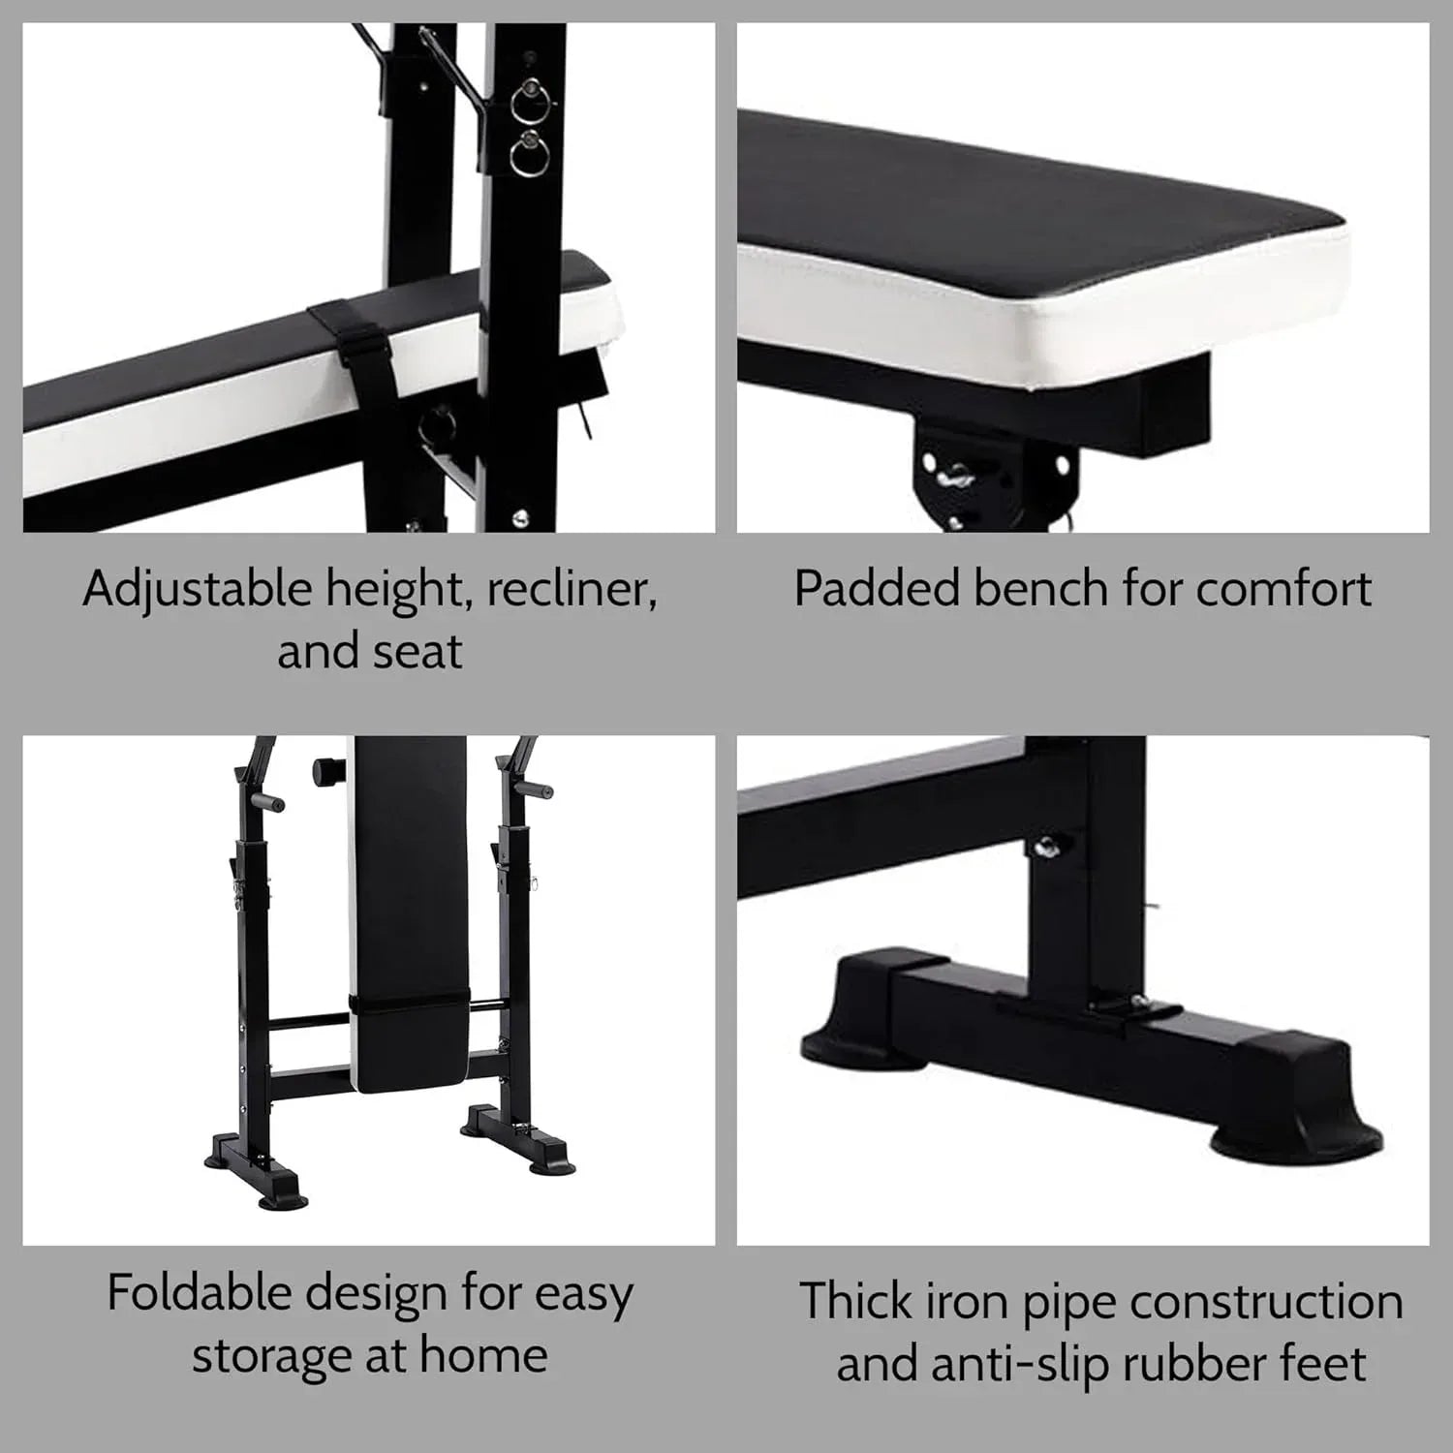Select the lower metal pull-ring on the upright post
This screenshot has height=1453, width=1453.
tap(528, 153)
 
